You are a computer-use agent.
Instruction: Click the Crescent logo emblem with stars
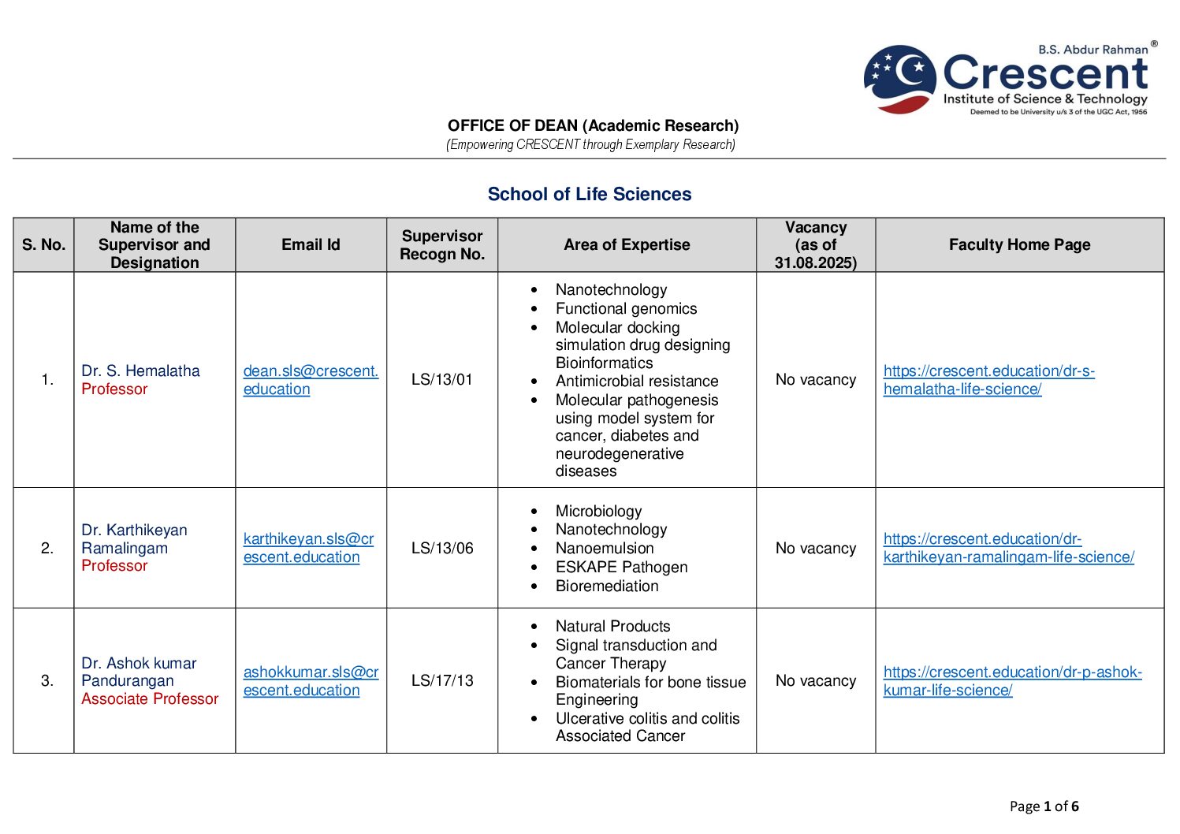click(x=899, y=78)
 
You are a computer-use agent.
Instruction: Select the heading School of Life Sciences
click(x=589, y=194)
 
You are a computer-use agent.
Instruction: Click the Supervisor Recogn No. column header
click(x=441, y=245)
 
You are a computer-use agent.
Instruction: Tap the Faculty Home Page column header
click(x=1019, y=245)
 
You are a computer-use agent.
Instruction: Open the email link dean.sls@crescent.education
click(x=311, y=380)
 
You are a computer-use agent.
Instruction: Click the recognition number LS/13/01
click(x=441, y=380)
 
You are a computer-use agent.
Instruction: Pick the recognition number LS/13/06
click(x=441, y=549)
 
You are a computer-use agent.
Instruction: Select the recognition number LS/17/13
click(x=441, y=681)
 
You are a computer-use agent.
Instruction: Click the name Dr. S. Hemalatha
click(x=140, y=371)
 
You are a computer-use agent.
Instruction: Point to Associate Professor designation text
click(x=150, y=699)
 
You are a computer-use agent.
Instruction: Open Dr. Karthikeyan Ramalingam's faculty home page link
click(x=1008, y=549)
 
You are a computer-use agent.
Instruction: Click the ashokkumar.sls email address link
click(x=311, y=681)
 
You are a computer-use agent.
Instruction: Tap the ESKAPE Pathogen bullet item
click(x=621, y=568)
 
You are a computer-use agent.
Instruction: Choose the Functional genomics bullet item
click(x=626, y=309)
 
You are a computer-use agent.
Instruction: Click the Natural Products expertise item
click(x=612, y=627)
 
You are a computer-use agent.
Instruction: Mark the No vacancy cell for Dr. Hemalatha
click(x=815, y=380)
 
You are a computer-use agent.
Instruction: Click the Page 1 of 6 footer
click(x=1044, y=806)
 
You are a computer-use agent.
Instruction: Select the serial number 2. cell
click(x=47, y=549)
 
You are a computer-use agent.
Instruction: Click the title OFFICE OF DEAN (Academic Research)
click(x=593, y=126)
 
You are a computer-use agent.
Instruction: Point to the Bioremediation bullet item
click(x=606, y=586)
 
